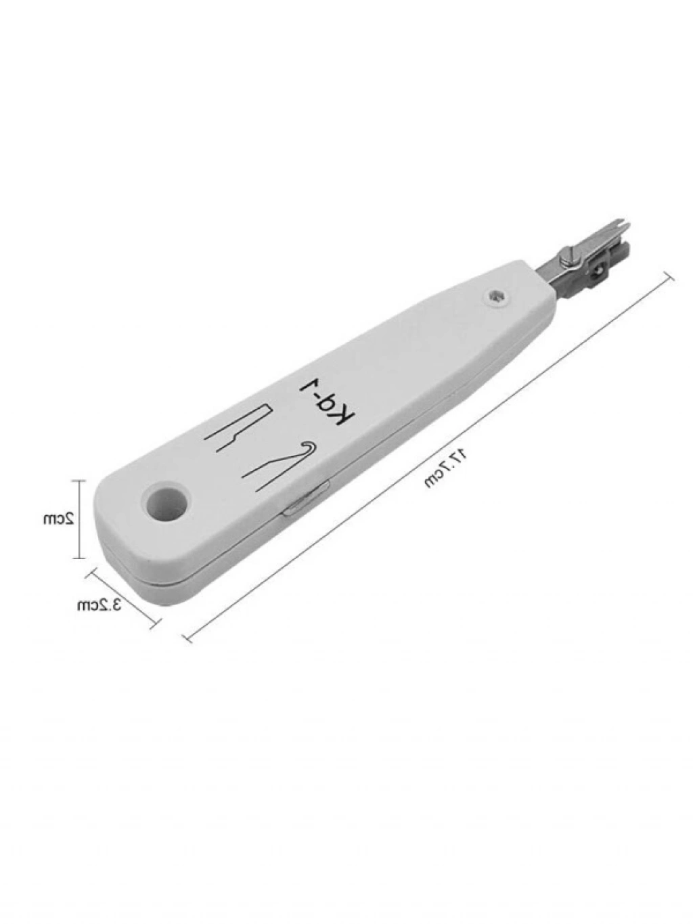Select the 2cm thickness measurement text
pyautogui.click(x=59, y=518)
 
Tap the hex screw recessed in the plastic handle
pyautogui.click(x=497, y=296)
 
